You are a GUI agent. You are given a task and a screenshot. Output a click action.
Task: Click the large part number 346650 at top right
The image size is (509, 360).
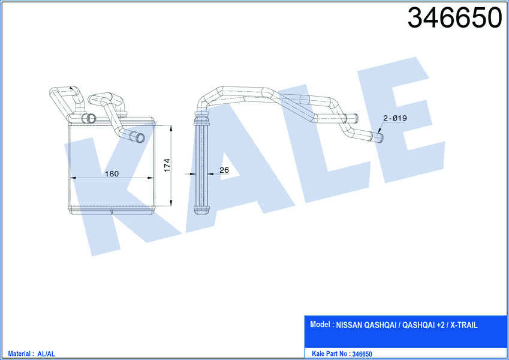454,18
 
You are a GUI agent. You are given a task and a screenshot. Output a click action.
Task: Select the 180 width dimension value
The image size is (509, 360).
112,174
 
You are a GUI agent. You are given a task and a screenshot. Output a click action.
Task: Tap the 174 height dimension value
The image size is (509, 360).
167,165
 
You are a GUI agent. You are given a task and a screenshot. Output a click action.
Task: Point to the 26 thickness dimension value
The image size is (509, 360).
224,170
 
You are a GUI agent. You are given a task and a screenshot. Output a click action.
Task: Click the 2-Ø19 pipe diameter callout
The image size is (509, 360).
394,118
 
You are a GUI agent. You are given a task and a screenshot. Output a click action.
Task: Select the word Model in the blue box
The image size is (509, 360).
320,324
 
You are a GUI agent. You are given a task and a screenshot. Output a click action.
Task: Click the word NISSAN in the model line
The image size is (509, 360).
350,325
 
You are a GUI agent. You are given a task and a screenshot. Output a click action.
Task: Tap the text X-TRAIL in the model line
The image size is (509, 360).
463,325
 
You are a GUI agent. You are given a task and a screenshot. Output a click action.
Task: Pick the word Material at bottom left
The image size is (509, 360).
19,353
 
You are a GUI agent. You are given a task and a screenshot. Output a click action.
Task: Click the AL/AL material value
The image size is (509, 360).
46,354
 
